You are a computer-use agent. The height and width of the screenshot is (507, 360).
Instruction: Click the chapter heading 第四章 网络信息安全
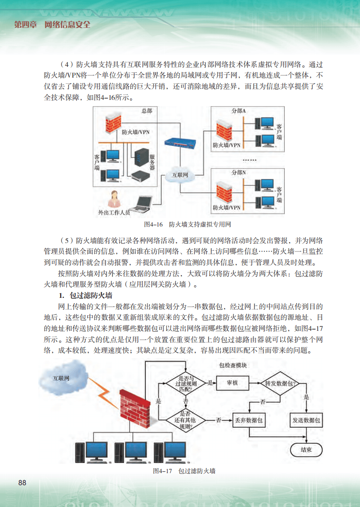pos(52,24)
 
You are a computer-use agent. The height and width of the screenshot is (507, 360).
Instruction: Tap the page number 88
pos(22,482)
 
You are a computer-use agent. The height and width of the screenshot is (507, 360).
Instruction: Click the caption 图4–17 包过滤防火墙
pos(184,470)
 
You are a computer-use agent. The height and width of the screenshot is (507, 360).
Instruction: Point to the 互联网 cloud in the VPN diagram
pos(180,175)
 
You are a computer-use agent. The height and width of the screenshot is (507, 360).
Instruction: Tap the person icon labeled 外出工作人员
pos(115,198)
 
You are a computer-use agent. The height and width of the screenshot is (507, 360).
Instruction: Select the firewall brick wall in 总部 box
pos(112,123)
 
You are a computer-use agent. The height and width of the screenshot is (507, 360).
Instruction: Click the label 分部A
pos(238,111)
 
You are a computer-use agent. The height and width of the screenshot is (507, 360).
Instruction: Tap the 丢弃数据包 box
pos(248,420)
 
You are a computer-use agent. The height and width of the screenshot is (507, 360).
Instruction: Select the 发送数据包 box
pos(307,420)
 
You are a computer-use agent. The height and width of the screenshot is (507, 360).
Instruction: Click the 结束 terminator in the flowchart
pos(306,449)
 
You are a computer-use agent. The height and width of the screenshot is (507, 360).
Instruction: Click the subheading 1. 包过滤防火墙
pos(85,296)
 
